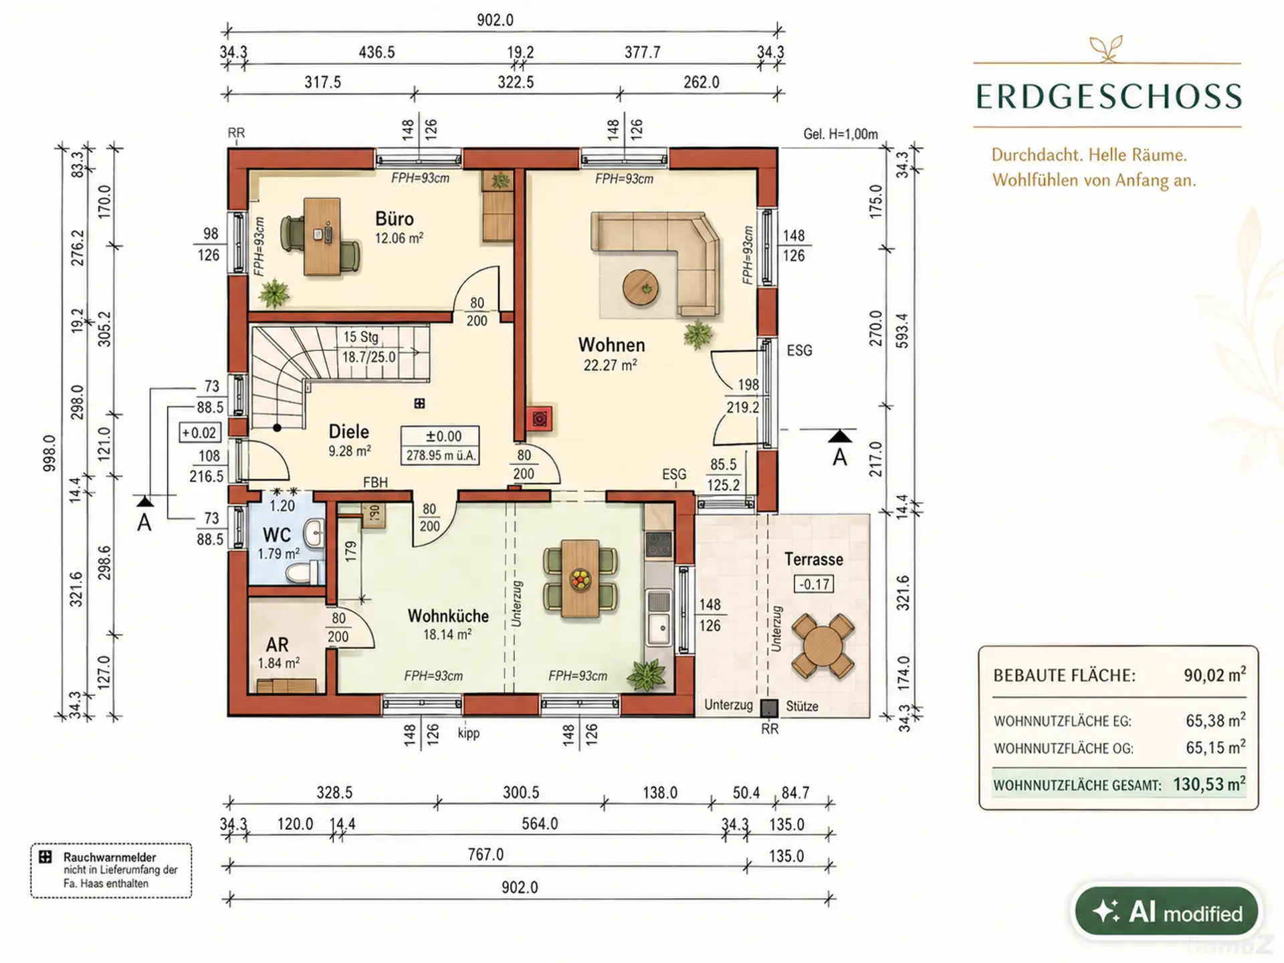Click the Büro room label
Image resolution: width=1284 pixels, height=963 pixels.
[x=395, y=219]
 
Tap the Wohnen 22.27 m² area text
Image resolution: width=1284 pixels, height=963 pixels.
[x=610, y=365]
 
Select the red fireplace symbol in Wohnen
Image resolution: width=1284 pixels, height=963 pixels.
[x=539, y=419]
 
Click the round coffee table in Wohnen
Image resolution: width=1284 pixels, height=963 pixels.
[x=641, y=288]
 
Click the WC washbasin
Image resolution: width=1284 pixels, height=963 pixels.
[x=313, y=534]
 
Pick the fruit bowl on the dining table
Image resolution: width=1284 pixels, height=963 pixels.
[x=580, y=578]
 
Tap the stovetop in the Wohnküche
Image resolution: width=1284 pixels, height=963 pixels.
[x=659, y=545]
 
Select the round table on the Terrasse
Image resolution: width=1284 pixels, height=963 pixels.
[x=823, y=646]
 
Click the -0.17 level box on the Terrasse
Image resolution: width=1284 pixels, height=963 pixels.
[x=814, y=584]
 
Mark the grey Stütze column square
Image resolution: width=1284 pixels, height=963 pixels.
[x=770, y=708]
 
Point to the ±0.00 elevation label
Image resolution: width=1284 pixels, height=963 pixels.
[x=443, y=436]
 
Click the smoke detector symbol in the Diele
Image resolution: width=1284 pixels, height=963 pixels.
[x=419, y=403]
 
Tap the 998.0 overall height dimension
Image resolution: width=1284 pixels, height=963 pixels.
[x=49, y=453]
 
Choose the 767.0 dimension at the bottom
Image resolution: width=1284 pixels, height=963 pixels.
[x=486, y=854]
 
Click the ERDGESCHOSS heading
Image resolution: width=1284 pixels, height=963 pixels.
[x=1109, y=97]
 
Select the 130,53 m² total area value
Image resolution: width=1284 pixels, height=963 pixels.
[x=1209, y=784]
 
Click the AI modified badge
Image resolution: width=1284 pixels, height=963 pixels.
[x=1167, y=912]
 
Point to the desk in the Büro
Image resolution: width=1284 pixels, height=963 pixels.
[x=322, y=236]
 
